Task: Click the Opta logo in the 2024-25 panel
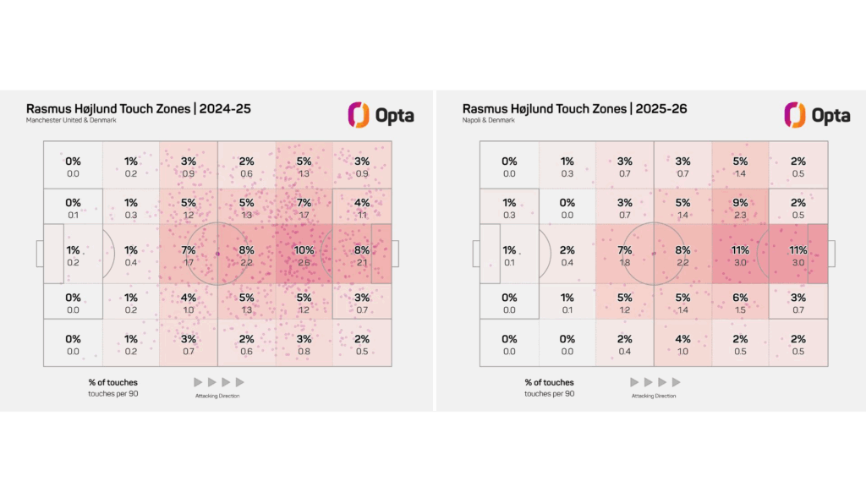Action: click(381, 115)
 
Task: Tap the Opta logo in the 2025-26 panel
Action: click(817, 115)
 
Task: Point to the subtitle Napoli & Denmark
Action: click(490, 121)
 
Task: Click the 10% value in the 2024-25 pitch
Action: click(304, 250)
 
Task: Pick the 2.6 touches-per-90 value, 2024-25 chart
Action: click(304, 263)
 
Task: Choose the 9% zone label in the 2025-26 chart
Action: click(740, 203)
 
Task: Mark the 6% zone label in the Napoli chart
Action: click(740, 298)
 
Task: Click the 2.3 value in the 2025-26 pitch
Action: click(740, 216)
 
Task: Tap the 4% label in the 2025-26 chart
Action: click(682, 340)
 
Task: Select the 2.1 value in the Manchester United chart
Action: click(362, 263)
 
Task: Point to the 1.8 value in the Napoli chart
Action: click(624, 263)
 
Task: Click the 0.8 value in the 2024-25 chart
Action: click(304, 352)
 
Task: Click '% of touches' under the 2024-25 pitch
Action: click(112, 382)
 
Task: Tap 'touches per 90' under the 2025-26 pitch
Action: click(549, 394)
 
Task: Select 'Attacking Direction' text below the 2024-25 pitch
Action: click(217, 396)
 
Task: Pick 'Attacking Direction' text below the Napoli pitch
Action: click(654, 396)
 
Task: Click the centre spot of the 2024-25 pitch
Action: click(217, 253)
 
